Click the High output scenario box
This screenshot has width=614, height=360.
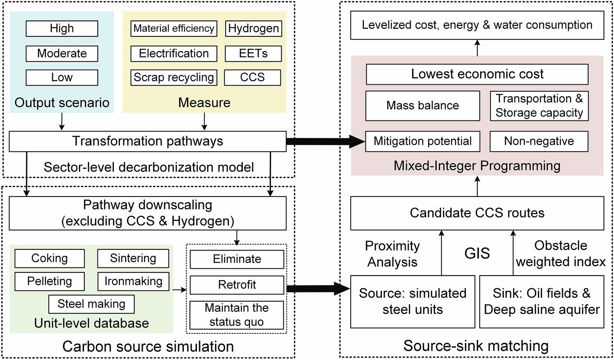click(62, 29)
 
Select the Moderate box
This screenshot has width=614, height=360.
click(62, 54)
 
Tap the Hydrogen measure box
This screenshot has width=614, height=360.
click(253, 29)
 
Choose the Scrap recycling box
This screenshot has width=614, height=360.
click(174, 77)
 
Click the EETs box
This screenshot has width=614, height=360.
click(253, 54)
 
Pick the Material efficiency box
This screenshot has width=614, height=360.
click(174, 29)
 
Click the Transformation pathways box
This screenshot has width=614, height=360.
click(147, 141)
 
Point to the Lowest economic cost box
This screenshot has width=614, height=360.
click(477, 74)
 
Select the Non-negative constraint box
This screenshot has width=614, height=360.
click(539, 141)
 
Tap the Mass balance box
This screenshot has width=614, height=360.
click(422, 106)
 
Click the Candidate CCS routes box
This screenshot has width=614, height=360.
click(477, 213)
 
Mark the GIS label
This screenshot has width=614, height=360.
click(477, 254)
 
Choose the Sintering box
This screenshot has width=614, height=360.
click(133, 258)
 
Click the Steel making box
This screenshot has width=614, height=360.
click(91, 304)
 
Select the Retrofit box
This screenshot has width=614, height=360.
click(237, 285)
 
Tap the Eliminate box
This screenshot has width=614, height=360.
click(237, 259)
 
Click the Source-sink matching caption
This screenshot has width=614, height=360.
click(476, 346)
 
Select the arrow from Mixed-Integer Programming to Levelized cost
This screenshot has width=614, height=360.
click(477, 48)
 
